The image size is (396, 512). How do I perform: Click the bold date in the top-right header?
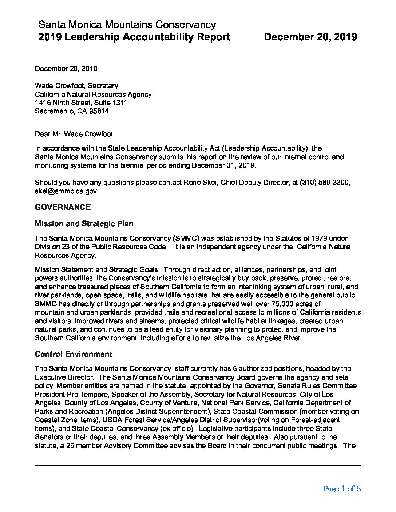[x=310, y=37]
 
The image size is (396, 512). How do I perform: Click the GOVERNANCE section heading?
[x=63, y=207]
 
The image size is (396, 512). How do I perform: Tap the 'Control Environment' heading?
[x=73, y=354]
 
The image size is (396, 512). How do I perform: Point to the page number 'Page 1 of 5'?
[x=341, y=489]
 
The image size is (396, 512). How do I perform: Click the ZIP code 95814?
[x=98, y=111]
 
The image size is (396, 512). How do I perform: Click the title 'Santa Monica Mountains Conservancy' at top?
[x=127, y=25]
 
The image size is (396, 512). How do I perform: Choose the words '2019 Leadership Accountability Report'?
[x=134, y=37]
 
